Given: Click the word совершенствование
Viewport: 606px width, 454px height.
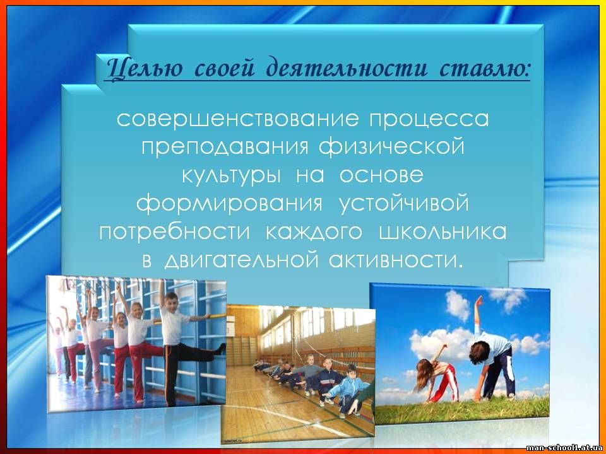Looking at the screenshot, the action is (237, 119).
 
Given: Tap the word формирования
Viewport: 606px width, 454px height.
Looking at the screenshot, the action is (229, 204).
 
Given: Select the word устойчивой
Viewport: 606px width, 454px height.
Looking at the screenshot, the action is (404, 204).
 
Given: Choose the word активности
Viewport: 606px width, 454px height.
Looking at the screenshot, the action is (396, 260).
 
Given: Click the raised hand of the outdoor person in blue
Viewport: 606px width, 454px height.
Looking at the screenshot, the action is (479, 300).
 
